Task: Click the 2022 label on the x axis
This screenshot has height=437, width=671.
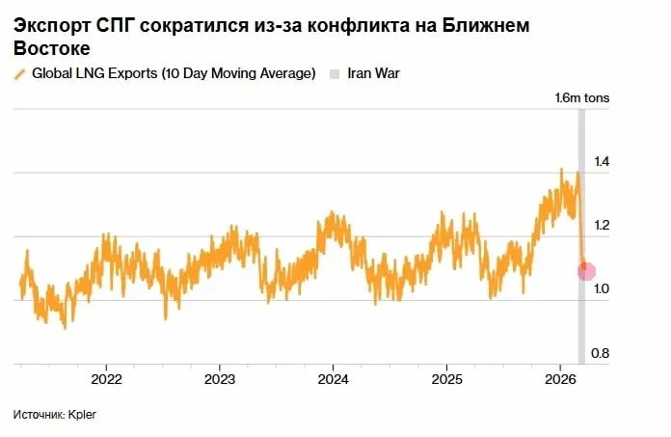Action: pyautogui.click(x=106, y=377)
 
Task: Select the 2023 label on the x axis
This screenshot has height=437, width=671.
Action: pyautogui.click(x=220, y=377)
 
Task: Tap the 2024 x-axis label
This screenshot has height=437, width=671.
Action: pyautogui.click(x=333, y=377)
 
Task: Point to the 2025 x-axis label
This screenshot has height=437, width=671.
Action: pyautogui.click(x=446, y=377)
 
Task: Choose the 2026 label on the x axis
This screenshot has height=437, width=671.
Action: pyautogui.click(x=560, y=377)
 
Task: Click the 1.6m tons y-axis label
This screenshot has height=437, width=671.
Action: pyautogui.click(x=582, y=97)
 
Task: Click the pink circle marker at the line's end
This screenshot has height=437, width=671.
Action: pyautogui.click(x=586, y=272)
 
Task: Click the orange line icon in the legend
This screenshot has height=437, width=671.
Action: pyautogui.click(x=19, y=74)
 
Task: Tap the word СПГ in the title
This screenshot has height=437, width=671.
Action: pyautogui.click(x=117, y=26)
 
